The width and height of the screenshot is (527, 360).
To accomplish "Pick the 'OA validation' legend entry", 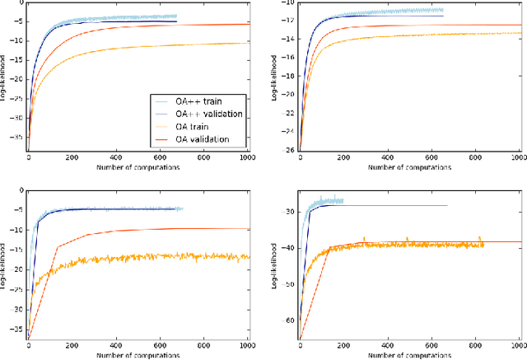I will click(200, 139).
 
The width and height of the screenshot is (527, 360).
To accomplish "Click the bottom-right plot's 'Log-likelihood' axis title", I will click(277, 264).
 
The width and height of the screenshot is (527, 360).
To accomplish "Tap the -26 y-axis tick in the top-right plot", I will click(289, 151).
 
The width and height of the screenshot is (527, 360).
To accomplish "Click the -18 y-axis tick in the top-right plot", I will click(289, 75).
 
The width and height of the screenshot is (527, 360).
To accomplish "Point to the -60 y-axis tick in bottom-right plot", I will click(289, 320).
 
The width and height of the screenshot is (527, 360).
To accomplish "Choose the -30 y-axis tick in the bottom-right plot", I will click(289, 212).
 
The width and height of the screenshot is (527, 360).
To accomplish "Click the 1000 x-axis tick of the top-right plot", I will click(517, 157).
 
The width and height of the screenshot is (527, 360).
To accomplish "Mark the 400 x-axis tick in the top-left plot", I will click(115, 157).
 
